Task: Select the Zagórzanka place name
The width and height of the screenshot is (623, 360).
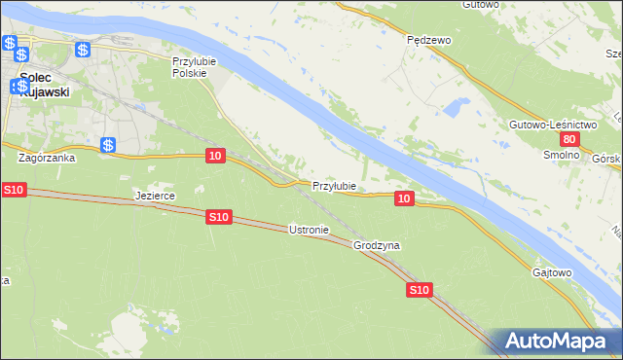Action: [x=46, y=156]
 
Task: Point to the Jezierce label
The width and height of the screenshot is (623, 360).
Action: [x=155, y=196]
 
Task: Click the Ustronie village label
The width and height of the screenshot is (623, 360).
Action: [x=310, y=230]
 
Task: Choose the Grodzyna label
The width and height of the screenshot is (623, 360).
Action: [x=377, y=246]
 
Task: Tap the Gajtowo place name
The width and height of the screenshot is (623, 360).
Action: [x=552, y=272]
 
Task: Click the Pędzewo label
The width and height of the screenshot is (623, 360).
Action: [x=428, y=40]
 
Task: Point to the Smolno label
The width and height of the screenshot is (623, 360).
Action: [x=562, y=156]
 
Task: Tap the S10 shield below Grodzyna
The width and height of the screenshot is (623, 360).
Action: [x=419, y=290]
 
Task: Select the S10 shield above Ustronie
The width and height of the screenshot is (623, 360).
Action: [x=219, y=218]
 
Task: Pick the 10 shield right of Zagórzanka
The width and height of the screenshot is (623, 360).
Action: [x=216, y=156]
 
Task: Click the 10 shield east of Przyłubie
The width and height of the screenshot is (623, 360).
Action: [x=406, y=198]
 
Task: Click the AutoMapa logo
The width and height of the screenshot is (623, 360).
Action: [x=556, y=342]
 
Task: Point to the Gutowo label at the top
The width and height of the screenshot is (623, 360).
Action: [x=481, y=4]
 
